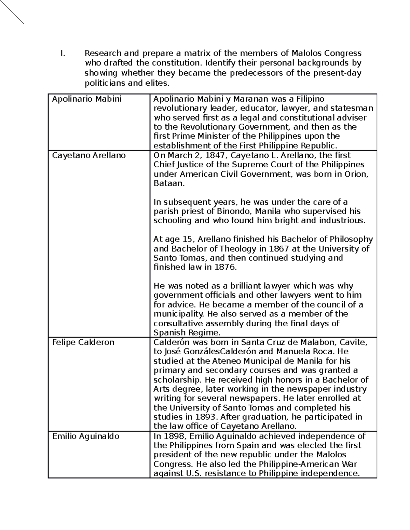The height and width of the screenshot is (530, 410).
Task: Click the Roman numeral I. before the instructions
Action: click(62, 53)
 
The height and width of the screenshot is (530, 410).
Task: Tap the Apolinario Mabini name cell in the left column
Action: click(86, 99)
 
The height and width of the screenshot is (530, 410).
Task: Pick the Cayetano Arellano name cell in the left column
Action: click(89, 156)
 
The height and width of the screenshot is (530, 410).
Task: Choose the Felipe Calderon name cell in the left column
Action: click(83, 342)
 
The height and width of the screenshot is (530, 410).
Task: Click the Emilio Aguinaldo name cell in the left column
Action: click(86, 436)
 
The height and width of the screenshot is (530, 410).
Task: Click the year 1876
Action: click(225, 267)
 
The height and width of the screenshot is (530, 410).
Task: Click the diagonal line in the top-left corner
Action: click(12, 12)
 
